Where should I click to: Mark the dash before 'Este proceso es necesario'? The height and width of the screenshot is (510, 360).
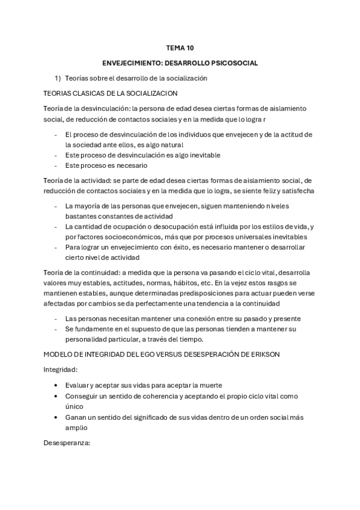point(56,165)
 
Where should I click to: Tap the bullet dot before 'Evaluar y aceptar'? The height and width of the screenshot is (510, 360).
point(56,386)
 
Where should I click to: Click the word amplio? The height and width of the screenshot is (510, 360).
point(76,428)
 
